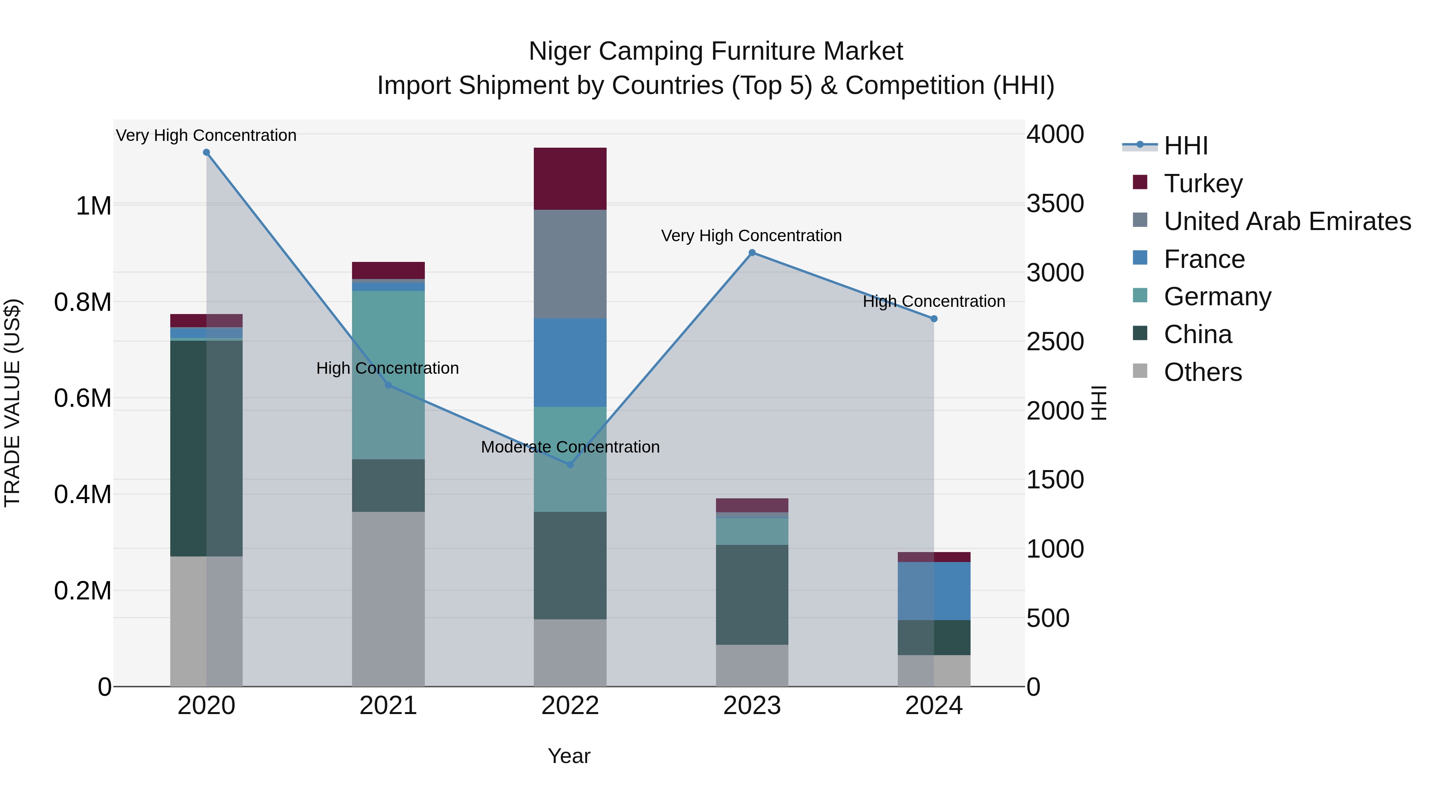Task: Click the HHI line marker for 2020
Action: (x=206, y=152)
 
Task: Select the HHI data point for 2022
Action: (x=570, y=464)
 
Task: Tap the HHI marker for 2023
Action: (x=752, y=252)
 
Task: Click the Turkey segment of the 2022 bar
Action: (x=570, y=179)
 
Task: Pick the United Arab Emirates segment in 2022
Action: (x=570, y=264)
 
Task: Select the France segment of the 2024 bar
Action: (x=934, y=591)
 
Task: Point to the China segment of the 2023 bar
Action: (x=752, y=595)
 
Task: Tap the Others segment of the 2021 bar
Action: (x=388, y=599)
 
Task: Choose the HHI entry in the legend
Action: (x=1185, y=146)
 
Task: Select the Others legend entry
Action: (x=1202, y=372)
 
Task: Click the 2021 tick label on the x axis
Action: (x=388, y=706)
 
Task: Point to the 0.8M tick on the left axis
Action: (x=83, y=302)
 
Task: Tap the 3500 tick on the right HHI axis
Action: (x=1055, y=203)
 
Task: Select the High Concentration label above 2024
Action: (x=934, y=301)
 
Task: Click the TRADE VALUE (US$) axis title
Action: (x=13, y=403)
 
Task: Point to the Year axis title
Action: (x=569, y=756)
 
